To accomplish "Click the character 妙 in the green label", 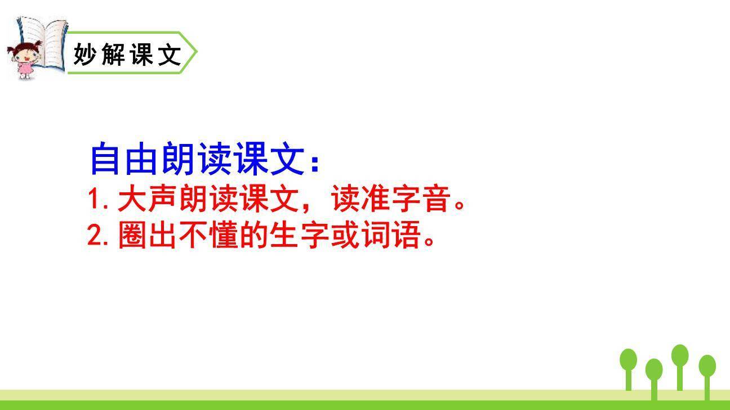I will pos(86,55).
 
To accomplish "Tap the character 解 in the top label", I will pos(114,55).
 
